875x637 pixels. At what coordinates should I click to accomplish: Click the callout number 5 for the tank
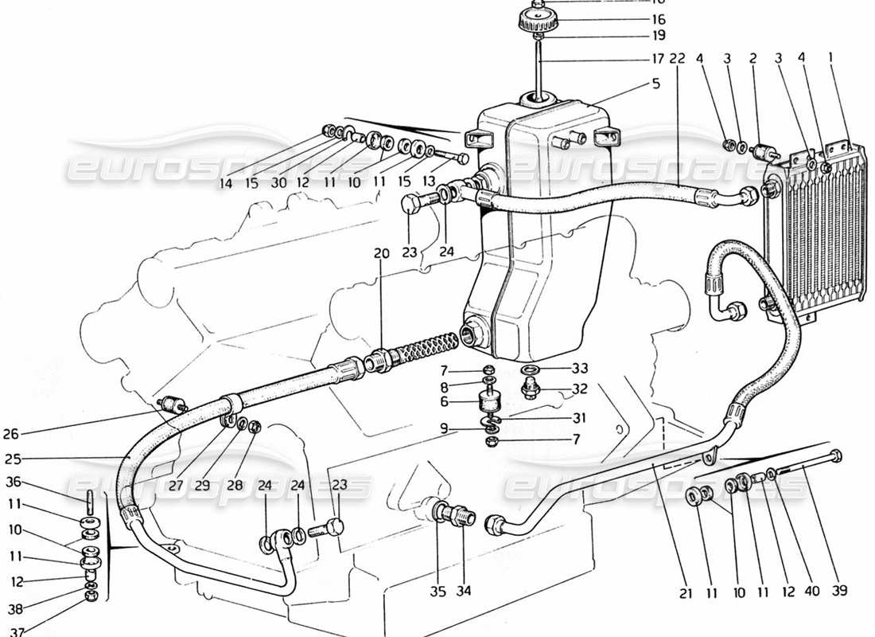655,83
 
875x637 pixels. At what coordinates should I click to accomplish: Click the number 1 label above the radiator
830,58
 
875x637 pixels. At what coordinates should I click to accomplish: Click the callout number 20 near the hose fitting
381,253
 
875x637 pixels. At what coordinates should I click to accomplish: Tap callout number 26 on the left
10,435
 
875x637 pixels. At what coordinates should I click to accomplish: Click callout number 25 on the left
10,459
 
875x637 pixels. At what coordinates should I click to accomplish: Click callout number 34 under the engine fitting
463,591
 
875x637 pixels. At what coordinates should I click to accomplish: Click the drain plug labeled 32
528,389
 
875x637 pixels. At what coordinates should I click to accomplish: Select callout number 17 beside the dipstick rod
658,58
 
